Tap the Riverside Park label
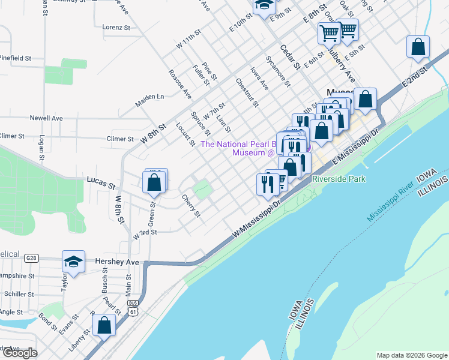339,179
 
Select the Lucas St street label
100,179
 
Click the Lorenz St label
116,28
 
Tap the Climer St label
120,139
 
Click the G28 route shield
31,259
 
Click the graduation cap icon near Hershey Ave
73,263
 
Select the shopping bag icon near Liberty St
104,326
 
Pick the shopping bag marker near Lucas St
154,182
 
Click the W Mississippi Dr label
257,218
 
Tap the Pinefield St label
15,58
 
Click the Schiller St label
19,294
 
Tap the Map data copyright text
411,355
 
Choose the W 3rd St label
145,232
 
